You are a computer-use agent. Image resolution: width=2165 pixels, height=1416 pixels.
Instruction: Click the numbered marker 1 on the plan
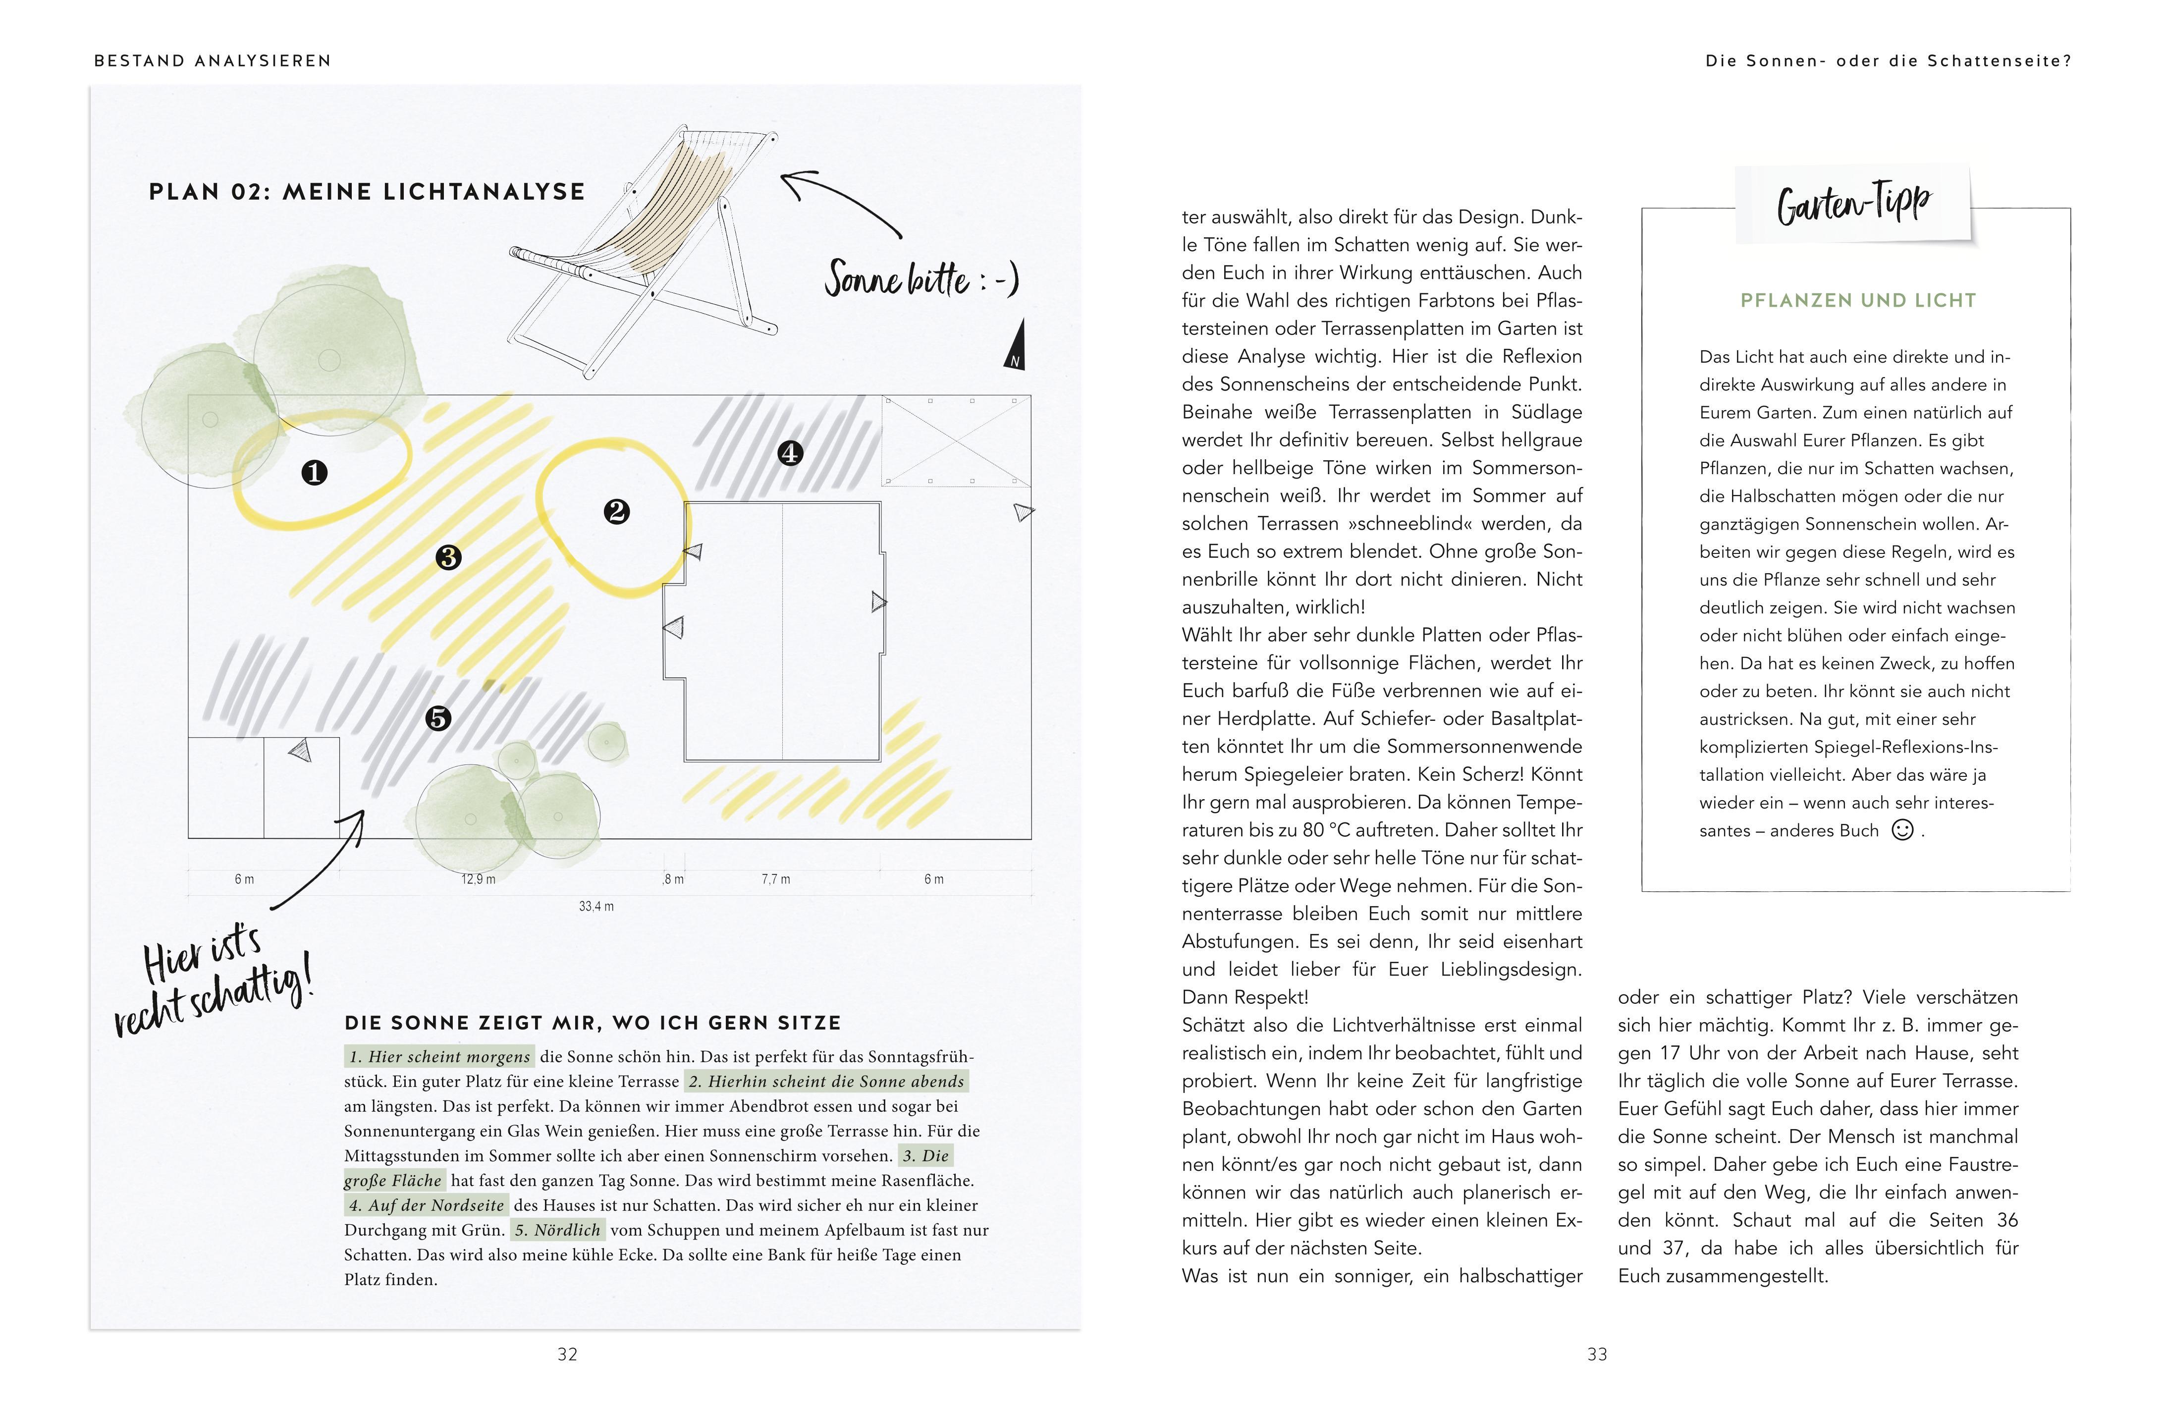pos(314,473)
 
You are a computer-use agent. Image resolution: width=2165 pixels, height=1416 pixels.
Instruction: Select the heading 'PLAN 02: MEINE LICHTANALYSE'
pos(367,192)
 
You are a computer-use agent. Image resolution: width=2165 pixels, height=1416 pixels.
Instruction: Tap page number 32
pos(568,1354)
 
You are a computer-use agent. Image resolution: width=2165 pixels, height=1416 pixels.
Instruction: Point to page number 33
pos(1597,1354)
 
